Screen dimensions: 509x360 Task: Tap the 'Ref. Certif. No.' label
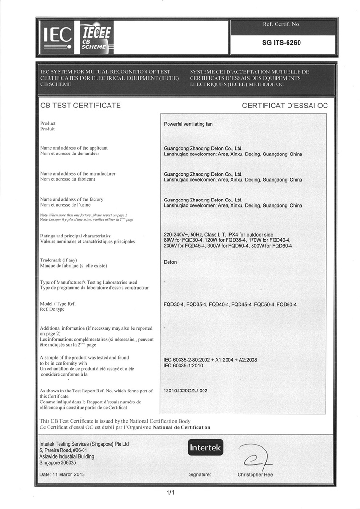click(x=282, y=24)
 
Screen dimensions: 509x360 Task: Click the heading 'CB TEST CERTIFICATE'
click(x=81, y=105)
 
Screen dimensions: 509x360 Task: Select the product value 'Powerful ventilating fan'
click(x=188, y=124)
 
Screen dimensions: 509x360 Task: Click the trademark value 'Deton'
click(x=170, y=262)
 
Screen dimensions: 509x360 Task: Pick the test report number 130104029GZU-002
click(x=186, y=391)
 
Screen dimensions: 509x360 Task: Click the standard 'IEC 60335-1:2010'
click(x=184, y=366)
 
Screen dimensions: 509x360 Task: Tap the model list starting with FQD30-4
click(x=230, y=305)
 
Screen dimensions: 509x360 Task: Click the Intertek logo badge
click(x=205, y=448)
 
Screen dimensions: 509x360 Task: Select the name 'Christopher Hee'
click(x=255, y=474)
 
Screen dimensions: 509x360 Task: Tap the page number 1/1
click(x=170, y=492)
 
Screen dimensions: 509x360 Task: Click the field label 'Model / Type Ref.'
click(x=58, y=304)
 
